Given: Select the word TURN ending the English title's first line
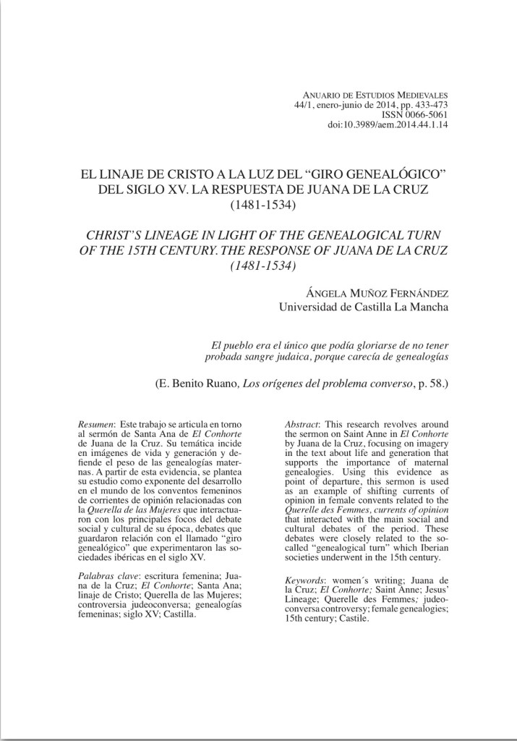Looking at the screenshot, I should click(421, 236).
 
